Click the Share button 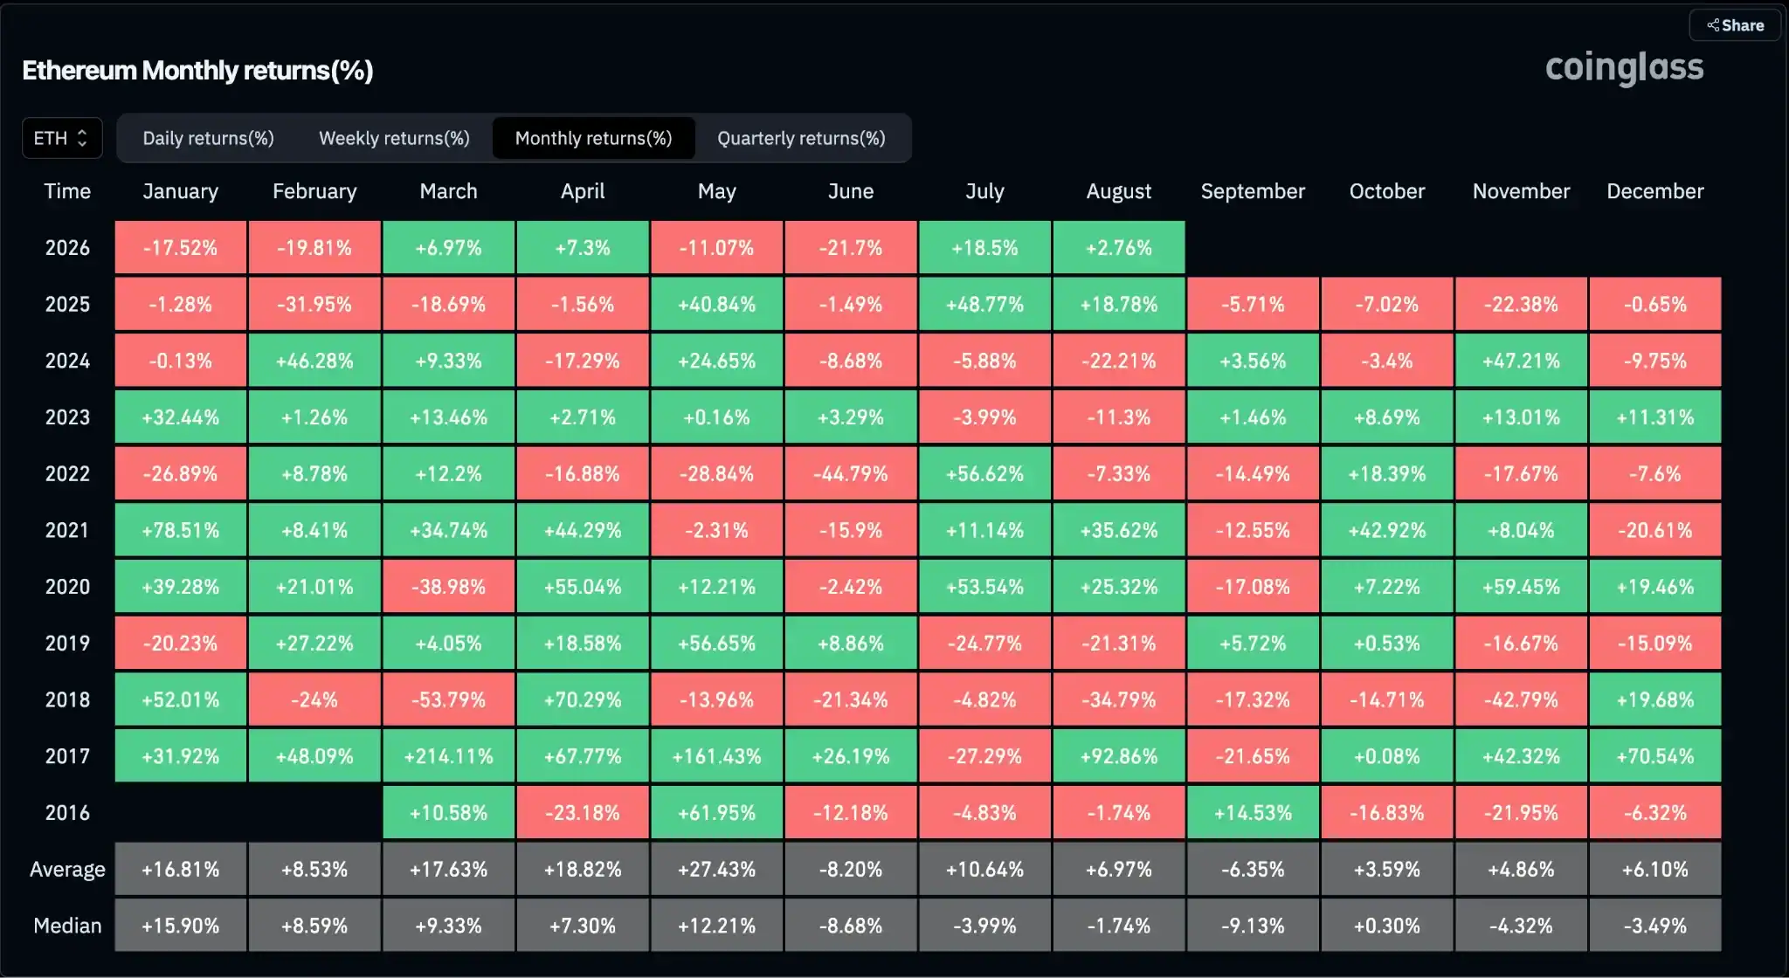click(1735, 25)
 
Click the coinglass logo click(1624, 68)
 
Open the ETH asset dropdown click(62, 138)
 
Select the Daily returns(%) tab click(209, 138)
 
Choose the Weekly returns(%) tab click(394, 138)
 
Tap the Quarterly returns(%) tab click(801, 138)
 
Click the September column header click(1253, 191)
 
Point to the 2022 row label click(67, 473)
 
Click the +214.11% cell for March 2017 click(449, 756)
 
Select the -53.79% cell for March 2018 click(449, 699)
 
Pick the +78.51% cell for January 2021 click(181, 530)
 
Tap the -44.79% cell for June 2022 click(851, 473)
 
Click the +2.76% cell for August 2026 click(1119, 248)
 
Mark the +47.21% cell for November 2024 click(1521, 361)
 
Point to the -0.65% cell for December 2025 click(1655, 304)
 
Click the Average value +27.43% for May click(717, 870)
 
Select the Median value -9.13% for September click(1253, 926)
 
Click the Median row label click(67, 926)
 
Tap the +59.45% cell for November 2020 click(1521, 587)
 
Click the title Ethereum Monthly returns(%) click(197, 70)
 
